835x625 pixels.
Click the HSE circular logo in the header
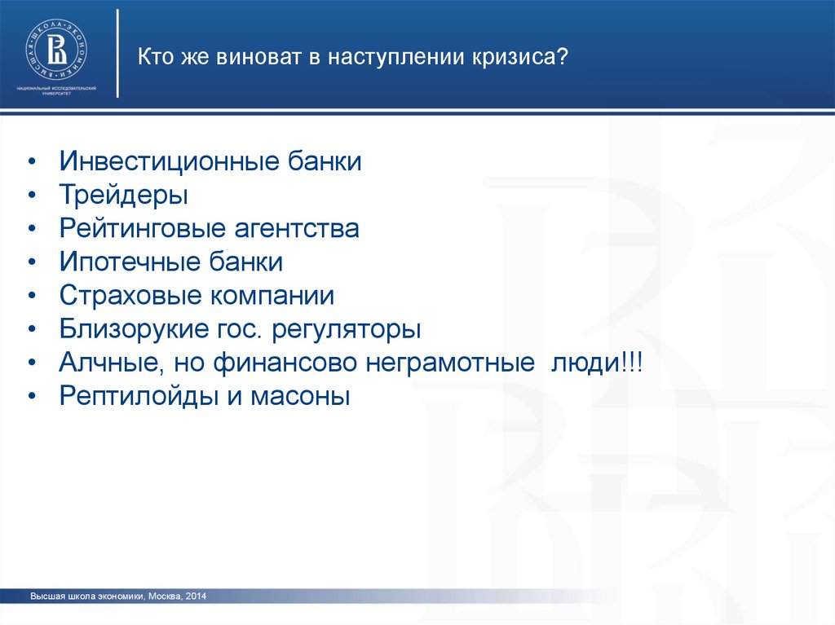pyautogui.click(x=56, y=51)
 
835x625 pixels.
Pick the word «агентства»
pyautogui.click(x=297, y=229)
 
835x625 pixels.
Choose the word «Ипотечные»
pyautogui.click(x=130, y=262)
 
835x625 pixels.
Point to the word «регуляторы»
pyautogui.click(x=346, y=329)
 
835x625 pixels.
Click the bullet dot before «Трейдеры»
pyautogui.click(x=33, y=196)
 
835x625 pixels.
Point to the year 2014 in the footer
pyautogui.click(x=196, y=596)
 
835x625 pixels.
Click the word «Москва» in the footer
pyautogui.click(x=165, y=596)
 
